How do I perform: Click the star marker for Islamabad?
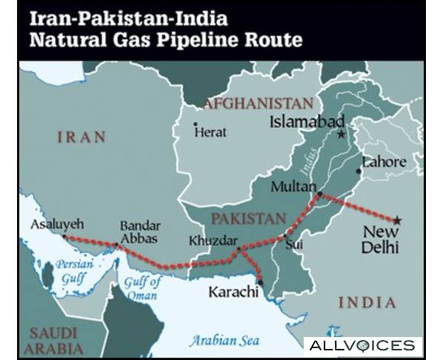pos(341,134)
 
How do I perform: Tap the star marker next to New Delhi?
pos(397,220)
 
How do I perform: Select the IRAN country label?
pos(81,138)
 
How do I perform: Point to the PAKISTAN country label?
pos(248,219)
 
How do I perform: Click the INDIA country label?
pos(367,301)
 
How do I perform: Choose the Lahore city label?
pos(384,162)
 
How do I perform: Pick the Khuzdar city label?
pos(213,241)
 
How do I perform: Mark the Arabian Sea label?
pos(224,340)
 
